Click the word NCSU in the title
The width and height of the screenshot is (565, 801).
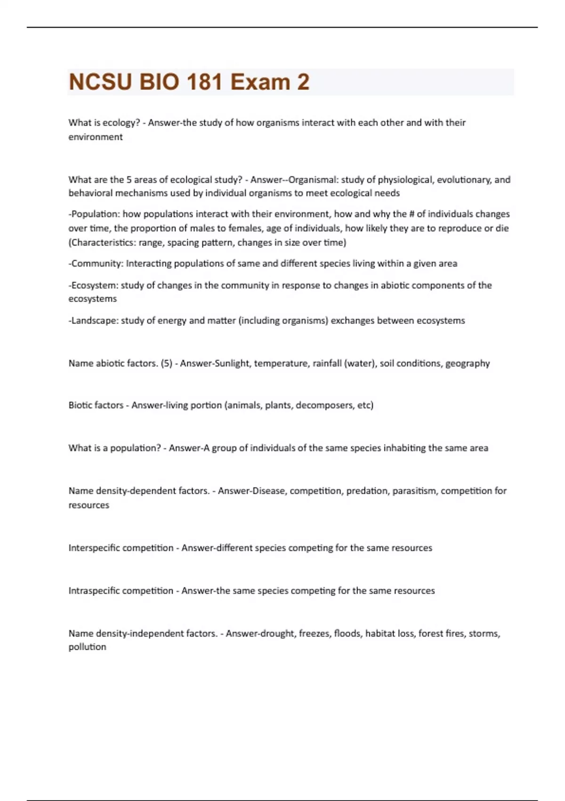pyautogui.click(x=100, y=82)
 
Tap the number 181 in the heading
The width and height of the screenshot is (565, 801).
pyautogui.click(x=204, y=82)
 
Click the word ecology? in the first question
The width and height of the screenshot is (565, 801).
pyautogui.click(x=121, y=123)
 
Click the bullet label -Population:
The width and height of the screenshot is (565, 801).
pyautogui.click(x=94, y=214)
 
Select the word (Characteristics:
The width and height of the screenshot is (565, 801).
pyautogui.click(x=102, y=243)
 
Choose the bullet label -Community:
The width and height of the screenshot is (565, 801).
pyautogui.click(x=96, y=263)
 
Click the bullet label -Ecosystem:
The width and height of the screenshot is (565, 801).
pyautogui.click(x=93, y=285)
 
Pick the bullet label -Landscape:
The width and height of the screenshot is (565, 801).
pyautogui.click(x=93, y=320)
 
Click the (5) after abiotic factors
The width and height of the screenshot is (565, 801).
pyautogui.click(x=166, y=363)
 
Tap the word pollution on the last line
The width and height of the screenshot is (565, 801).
pyautogui.click(x=87, y=647)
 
